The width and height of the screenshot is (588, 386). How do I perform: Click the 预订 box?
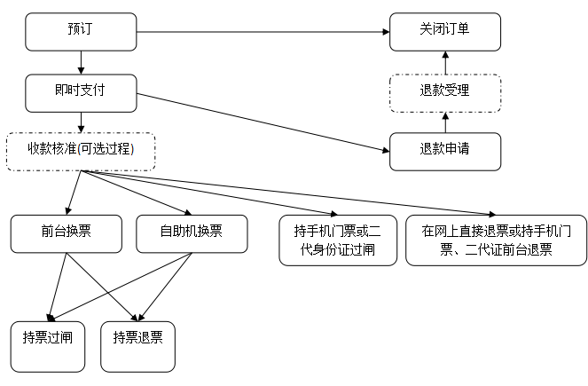81,32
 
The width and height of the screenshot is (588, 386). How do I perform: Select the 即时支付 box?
81,93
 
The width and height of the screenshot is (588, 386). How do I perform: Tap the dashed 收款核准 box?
81,152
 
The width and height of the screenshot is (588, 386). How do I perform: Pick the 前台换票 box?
67,233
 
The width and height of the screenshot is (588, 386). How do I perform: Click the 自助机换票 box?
191,233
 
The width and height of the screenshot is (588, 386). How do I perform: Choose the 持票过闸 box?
48,346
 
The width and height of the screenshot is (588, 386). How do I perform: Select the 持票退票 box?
137,346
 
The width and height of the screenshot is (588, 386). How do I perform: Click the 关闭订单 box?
445,32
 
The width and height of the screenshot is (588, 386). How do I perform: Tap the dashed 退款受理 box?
445,93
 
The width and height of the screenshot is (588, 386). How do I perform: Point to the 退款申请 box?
445,151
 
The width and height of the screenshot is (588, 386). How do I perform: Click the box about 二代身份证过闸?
338,240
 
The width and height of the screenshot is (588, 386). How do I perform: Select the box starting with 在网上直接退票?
496,240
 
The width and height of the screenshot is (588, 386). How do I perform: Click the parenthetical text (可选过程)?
106,148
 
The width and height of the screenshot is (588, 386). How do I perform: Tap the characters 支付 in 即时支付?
93,91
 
